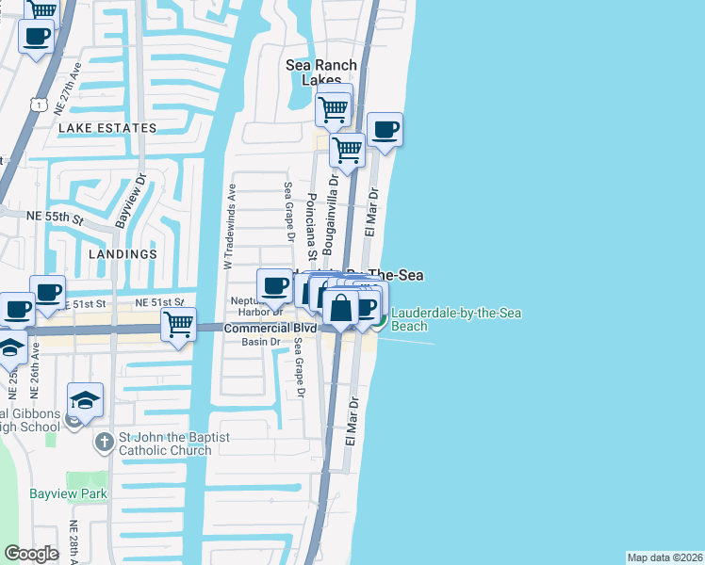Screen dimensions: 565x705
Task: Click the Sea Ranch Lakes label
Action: (322, 73)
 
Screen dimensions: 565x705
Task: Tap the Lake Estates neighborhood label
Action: (107, 128)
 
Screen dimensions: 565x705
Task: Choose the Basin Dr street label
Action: (262, 342)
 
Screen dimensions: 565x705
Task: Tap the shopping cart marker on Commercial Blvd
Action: (178, 325)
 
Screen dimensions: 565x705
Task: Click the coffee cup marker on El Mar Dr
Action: (385, 129)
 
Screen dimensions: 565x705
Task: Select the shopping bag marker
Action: (340, 307)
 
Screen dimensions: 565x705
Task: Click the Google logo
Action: (31, 554)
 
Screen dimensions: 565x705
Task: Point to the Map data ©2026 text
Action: (664, 557)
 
